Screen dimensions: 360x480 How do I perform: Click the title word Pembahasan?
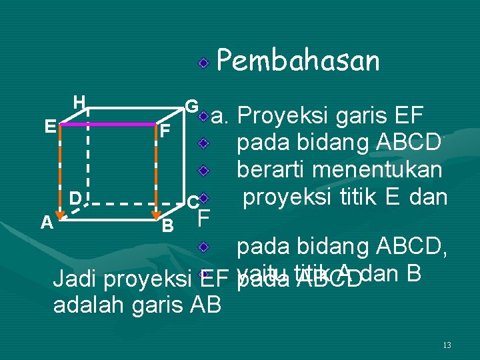click(297, 61)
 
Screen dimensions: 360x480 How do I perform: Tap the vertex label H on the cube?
click(79, 102)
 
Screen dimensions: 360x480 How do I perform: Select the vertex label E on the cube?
click(49, 126)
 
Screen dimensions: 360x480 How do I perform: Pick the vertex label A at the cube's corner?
click(46, 222)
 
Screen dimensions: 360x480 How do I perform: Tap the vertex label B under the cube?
click(169, 227)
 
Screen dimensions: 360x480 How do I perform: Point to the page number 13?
click(447, 345)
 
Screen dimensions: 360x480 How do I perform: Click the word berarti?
click(271, 169)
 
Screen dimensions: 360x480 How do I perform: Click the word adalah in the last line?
click(83, 305)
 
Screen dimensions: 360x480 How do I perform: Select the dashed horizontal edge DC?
click(133, 203)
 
